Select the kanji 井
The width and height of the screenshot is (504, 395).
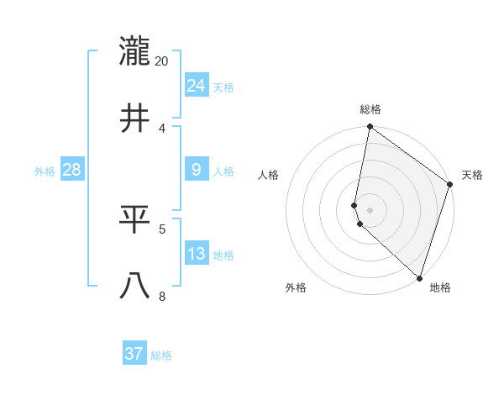pos(134,118)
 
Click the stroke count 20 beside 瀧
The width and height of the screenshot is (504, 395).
pos(162,61)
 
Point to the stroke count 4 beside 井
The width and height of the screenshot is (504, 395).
pos(162,128)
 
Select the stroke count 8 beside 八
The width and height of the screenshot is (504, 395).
pos(162,296)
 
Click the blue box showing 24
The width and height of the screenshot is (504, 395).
pos(197,86)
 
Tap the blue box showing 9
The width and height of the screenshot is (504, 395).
pos(197,170)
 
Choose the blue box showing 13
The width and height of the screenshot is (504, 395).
pos(197,254)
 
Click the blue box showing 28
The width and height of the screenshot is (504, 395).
pos(72,170)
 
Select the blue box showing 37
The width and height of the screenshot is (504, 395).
pos(134,354)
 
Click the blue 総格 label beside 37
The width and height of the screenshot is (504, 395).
pos(161,355)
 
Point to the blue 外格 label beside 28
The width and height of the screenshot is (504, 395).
pos(45,171)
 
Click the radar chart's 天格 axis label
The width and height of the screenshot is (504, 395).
pos(472,175)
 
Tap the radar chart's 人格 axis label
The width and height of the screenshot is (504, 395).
pos(269,175)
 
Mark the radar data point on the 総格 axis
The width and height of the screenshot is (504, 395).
pos(370,128)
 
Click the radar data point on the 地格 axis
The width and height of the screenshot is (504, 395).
pos(419,277)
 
